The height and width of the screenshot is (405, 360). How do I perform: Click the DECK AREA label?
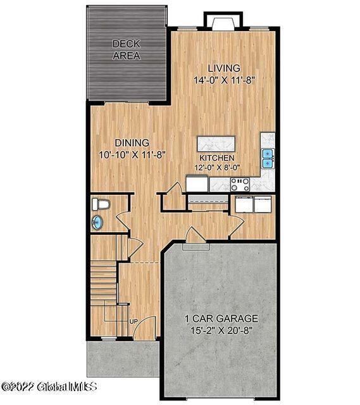click(126, 49)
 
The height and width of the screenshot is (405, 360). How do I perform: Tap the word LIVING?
click(224, 68)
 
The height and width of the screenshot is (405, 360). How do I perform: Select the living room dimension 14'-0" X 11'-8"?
click(225, 80)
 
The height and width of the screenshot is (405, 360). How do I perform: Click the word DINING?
click(132, 142)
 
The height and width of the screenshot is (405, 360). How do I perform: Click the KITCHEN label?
click(216, 158)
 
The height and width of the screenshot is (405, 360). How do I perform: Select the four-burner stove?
click(240, 184)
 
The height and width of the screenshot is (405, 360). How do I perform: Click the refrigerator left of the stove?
click(197, 184)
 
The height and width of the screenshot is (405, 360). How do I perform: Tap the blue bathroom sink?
click(97, 221)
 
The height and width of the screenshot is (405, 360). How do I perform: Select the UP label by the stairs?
click(133, 321)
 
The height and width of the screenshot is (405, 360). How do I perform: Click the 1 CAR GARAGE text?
click(221, 318)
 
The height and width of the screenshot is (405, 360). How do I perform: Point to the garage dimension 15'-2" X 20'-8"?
click(221, 330)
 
